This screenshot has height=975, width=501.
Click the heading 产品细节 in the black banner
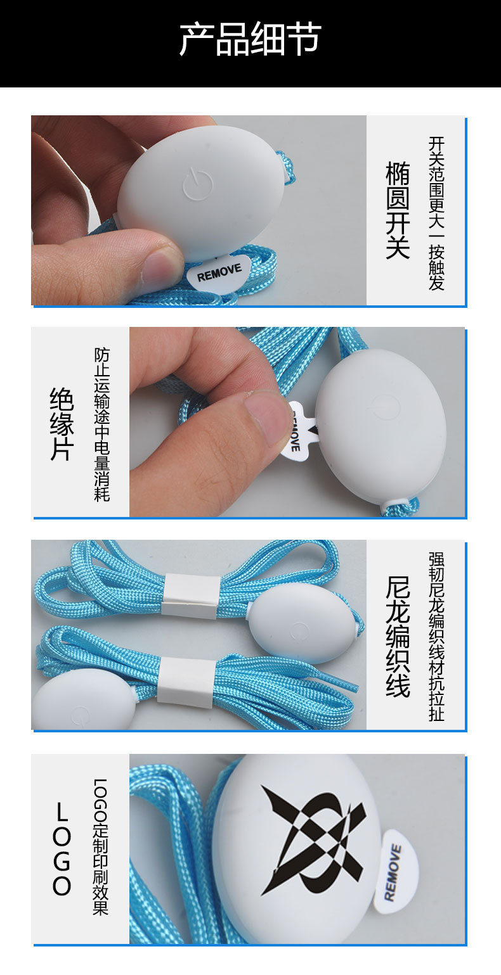click(250, 39)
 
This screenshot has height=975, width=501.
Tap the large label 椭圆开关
click(398, 210)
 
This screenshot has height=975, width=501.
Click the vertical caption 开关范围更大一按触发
click(436, 213)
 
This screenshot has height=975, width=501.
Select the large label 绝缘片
click(62, 423)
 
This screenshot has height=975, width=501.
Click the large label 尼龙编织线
click(398, 636)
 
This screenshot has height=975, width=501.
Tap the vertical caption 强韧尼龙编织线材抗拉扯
click(436, 636)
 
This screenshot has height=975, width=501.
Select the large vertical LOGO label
click(62, 849)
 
